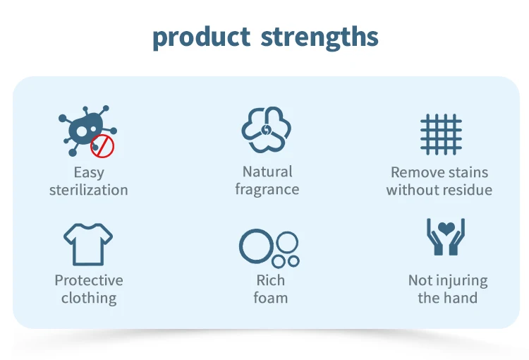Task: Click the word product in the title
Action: (202, 37)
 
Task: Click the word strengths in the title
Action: (319, 37)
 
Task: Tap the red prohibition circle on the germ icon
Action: (102, 146)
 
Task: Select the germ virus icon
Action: (87, 131)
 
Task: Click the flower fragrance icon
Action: (266, 130)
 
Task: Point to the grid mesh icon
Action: (441, 134)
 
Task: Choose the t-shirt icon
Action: (88, 244)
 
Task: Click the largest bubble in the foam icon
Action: (257, 246)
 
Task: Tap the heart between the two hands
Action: (446, 229)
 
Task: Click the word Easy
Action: (89, 172)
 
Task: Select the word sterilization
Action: (89, 190)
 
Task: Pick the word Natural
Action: (267, 172)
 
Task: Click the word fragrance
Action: (267, 189)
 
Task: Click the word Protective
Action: (89, 280)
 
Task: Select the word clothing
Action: (89, 298)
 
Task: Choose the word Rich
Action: (271, 280)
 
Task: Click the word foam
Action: (271, 298)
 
